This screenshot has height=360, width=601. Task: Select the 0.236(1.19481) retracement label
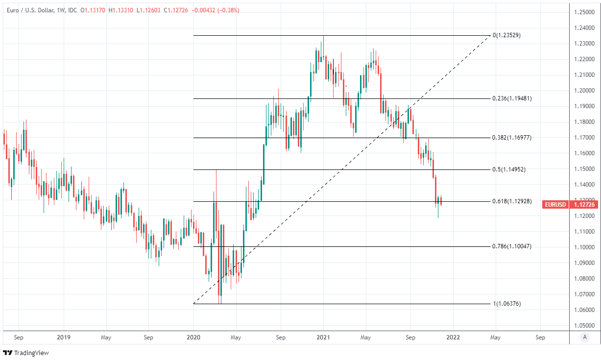(512, 98)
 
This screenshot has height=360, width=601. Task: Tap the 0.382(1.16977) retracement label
(512, 138)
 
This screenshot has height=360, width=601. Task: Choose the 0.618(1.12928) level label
(512, 201)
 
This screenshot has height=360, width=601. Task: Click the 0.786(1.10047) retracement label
(512, 246)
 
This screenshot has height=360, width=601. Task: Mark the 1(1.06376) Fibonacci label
(507, 304)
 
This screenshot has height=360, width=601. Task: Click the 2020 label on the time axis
(193, 337)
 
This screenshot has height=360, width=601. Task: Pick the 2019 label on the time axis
(64, 337)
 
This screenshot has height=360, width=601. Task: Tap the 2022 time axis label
(453, 337)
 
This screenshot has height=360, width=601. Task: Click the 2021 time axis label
(323, 337)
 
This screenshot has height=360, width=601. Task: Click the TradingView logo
(26, 353)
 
